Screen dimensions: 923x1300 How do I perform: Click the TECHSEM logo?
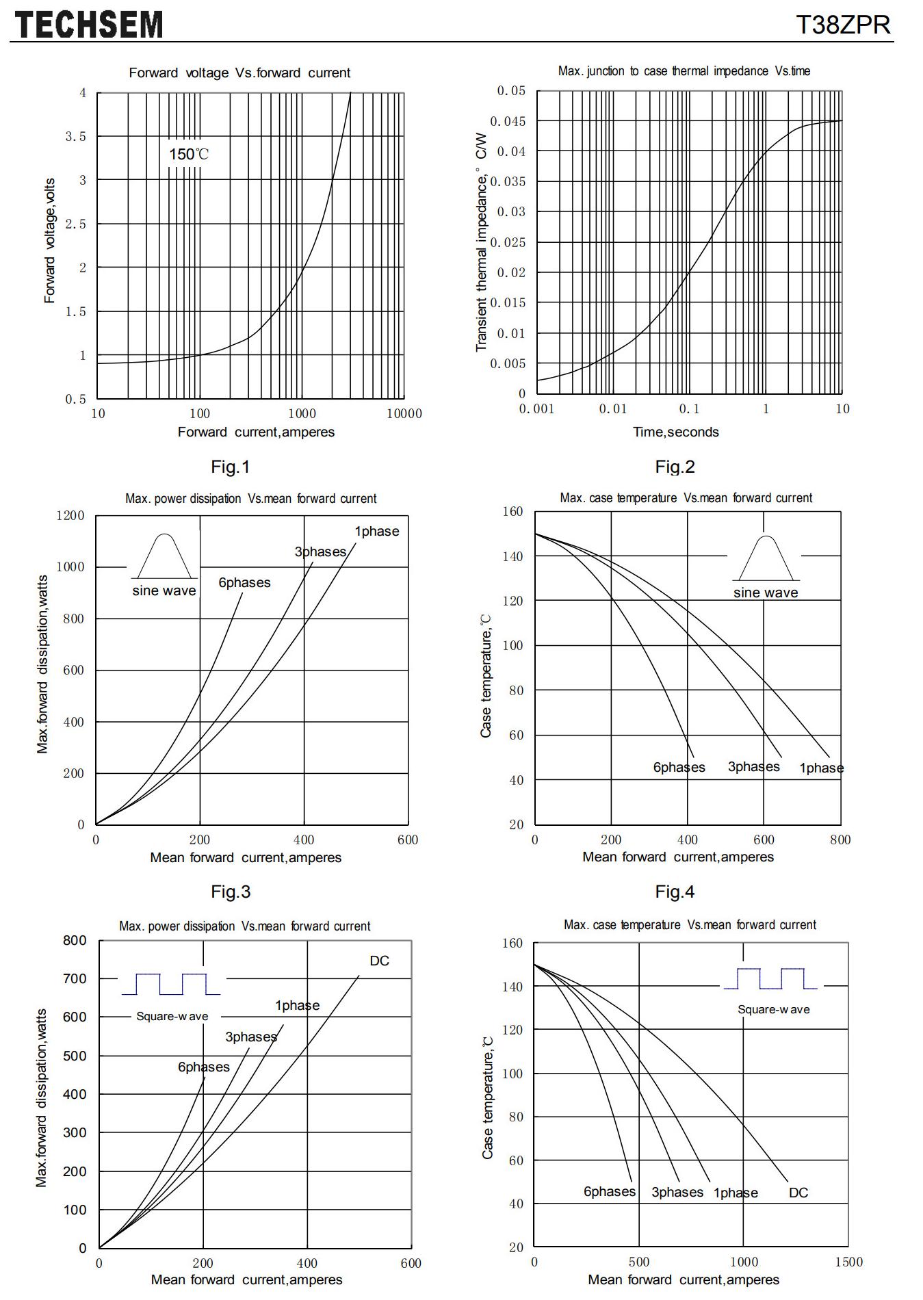(89, 25)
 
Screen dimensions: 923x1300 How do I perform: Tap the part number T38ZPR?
(844, 25)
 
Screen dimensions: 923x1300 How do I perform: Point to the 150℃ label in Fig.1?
(189, 154)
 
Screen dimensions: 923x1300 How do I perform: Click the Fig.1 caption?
(231, 467)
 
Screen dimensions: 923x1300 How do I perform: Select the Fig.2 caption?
(675, 467)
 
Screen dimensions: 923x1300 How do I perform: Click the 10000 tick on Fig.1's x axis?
(404, 413)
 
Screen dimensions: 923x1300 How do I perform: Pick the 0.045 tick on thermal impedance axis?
(511, 121)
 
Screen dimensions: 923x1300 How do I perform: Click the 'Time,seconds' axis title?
(676, 432)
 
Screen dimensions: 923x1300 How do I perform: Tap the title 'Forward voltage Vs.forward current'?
(239, 73)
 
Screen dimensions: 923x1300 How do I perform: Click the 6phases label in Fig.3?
(244, 583)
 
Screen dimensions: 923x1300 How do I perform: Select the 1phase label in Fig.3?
(376, 532)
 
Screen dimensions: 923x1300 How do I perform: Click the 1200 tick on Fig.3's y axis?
(70, 515)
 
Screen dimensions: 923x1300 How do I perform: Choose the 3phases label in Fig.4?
(753, 767)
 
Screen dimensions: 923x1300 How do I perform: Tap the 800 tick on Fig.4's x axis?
(840, 840)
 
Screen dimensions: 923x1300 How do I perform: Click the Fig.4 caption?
(675, 892)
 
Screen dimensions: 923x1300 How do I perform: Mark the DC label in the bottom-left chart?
(379, 961)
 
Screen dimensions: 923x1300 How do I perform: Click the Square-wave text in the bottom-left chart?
(172, 1016)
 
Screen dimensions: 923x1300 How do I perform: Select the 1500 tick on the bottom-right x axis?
(848, 1262)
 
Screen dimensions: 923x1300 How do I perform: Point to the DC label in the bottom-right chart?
(798, 1193)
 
